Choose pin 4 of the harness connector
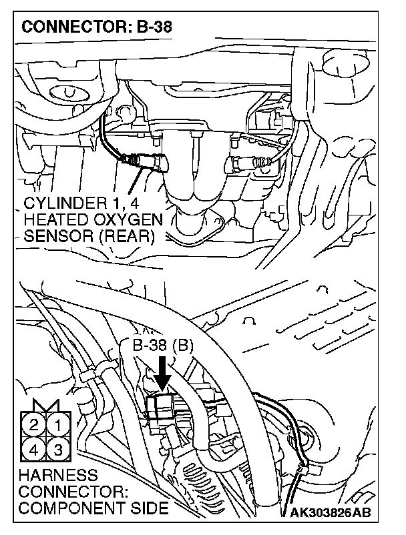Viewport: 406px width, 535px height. pos(34,448)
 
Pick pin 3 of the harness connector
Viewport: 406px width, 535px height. pos(58,448)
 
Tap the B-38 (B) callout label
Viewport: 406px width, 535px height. pos(163,347)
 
